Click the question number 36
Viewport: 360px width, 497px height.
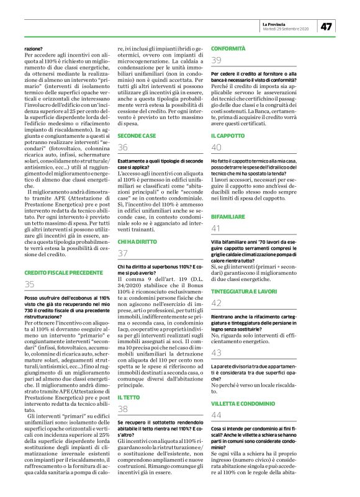click(x=123, y=146)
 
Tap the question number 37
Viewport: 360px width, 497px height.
click(x=123, y=253)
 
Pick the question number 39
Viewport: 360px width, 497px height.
click(x=217, y=60)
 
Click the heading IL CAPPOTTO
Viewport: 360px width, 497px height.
click(x=227, y=135)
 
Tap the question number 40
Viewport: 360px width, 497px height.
click(x=217, y=148)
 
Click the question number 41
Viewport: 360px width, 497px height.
click(x=217, y=228)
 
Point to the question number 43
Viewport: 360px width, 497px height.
click(x=217, y=353)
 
